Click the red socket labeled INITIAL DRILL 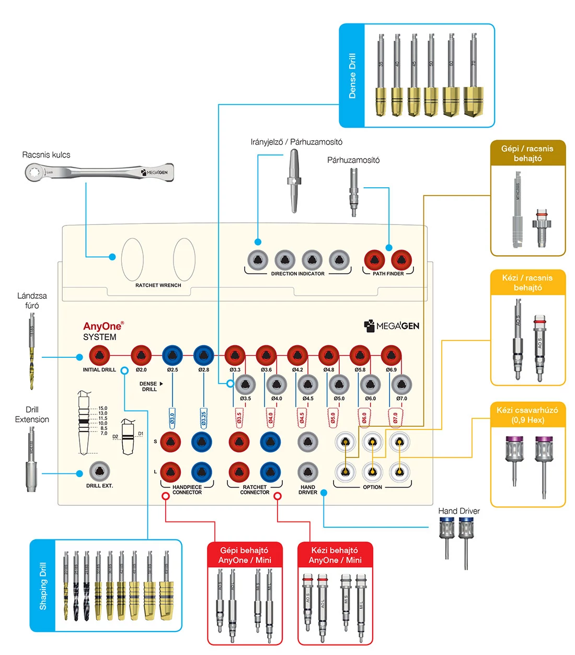click(99, 356)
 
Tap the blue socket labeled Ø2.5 click(172, 356)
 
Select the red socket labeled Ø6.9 click(391, 356)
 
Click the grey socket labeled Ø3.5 click(245, 385)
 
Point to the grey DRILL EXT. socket click(99, 472)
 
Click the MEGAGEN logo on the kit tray click(392, 326)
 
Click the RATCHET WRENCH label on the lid click(158, 285)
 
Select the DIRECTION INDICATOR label click(297, 274)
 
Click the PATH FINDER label click(388, 274)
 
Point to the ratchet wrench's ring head click(35, 172)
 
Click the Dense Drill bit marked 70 click(473, 76)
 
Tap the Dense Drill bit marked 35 click(381, 76)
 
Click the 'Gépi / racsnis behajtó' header click(527, 153)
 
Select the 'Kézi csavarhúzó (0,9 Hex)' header click(527, 415)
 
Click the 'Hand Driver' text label click(458, 511)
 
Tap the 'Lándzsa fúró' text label click(32, 300)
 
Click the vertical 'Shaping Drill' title click(43, 586)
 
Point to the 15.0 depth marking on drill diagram click(102, 408)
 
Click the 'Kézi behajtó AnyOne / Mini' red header click(335, 555)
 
